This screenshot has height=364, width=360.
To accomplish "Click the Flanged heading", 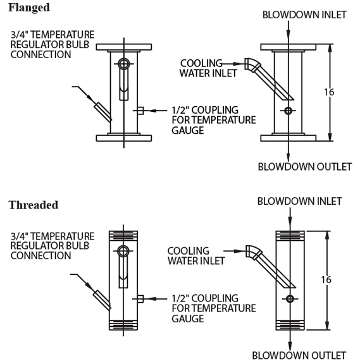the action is (29, 8).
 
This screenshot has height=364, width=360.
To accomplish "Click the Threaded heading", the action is (34, 205).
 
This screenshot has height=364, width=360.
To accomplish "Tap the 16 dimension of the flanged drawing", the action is (329, 92).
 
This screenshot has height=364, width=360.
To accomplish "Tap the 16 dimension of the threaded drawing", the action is (326, 280).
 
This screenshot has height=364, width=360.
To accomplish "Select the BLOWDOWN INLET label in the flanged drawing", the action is (304, 15).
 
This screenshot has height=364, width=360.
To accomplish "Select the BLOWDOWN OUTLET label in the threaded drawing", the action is (299, 355).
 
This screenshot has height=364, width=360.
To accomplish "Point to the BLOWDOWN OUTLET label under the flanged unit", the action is (305, 167).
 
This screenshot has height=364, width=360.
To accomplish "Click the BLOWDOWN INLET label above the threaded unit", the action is (299, 201).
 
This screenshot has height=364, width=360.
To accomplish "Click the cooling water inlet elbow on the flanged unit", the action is (252, 64).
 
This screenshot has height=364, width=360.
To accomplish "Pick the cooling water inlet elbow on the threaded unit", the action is (254, 252).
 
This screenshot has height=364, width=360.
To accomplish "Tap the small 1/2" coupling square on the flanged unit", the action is (140, 111).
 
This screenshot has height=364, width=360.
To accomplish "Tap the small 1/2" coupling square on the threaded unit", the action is (140, 299).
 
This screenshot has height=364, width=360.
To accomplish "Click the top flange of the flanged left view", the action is (124, 47).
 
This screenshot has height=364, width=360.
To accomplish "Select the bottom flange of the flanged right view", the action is (288, 138).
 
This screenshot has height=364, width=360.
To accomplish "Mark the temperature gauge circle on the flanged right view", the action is (288, 111).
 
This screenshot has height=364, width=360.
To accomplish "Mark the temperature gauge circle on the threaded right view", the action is (290, 299).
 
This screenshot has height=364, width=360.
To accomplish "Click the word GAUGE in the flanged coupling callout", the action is (188, 130).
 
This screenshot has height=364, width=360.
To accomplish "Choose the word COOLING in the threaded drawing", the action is (189, 251).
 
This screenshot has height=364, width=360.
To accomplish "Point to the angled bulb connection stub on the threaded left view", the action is (102, 300).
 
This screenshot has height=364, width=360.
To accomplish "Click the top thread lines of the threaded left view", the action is (123, 235).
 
